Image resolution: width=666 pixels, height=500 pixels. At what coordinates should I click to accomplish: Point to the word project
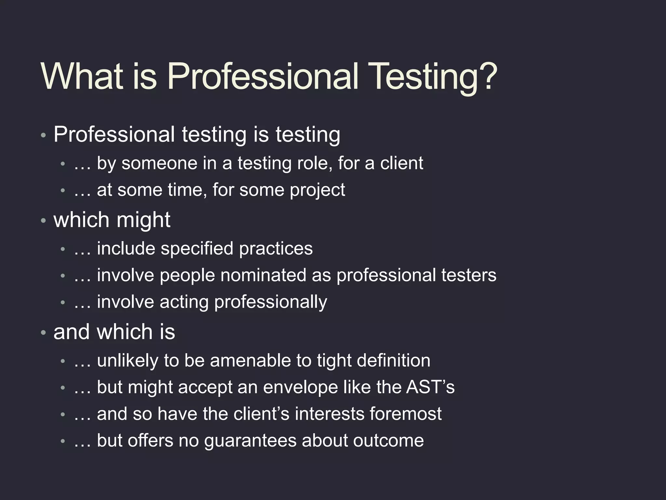click(317, 190)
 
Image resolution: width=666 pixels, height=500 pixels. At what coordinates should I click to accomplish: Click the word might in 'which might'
click(143, 220)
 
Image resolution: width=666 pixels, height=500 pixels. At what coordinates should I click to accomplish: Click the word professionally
click(271, 302)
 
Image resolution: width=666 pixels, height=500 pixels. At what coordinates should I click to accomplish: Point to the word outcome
click(388, 441)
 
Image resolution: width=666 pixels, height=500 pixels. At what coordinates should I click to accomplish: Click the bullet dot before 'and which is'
click(43, 333)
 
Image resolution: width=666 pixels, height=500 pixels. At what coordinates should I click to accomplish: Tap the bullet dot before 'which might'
click(43, 221)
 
